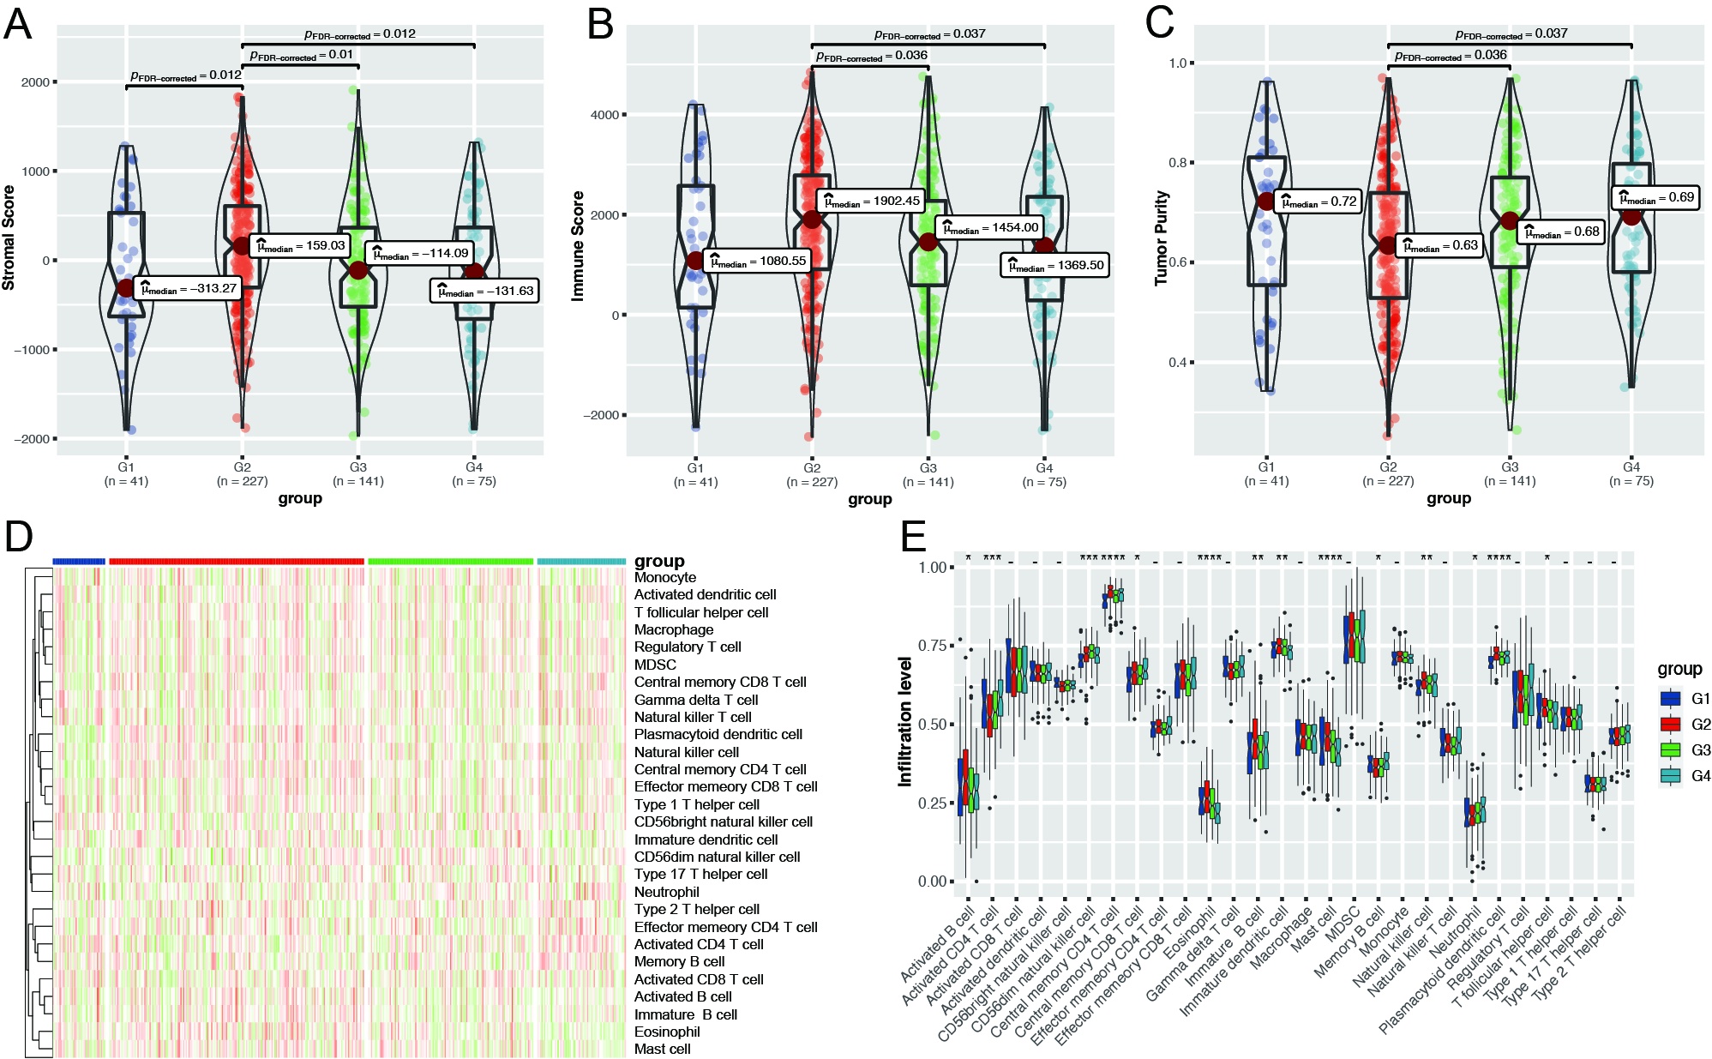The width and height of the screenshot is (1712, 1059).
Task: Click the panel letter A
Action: (17, 24)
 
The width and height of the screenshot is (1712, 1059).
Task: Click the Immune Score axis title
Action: (578, 245)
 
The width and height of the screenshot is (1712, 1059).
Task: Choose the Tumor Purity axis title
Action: (1162, 238)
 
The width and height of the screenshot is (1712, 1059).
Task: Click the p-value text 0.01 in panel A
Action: (302, 55)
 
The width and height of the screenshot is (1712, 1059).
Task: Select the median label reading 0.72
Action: (1318, 202)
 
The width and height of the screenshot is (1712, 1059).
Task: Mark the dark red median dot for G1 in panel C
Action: (1266, 202)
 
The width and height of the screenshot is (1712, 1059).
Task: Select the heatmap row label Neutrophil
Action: (667, 892)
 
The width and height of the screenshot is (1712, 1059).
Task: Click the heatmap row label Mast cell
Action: (662, 1049)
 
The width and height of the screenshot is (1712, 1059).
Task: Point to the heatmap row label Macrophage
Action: (674, 629)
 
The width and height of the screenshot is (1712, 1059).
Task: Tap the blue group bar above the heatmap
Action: (79, 562)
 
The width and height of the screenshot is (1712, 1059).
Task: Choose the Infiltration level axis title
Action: (905, 722)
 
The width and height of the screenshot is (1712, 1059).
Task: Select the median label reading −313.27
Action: (189, 288)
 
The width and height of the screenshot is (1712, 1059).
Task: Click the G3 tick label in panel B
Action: (928, 468)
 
